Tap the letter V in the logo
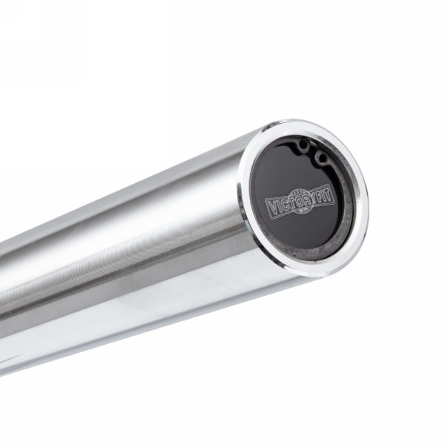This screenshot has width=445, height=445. tap(272, 206)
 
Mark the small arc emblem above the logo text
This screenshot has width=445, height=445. tap(300, 191)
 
